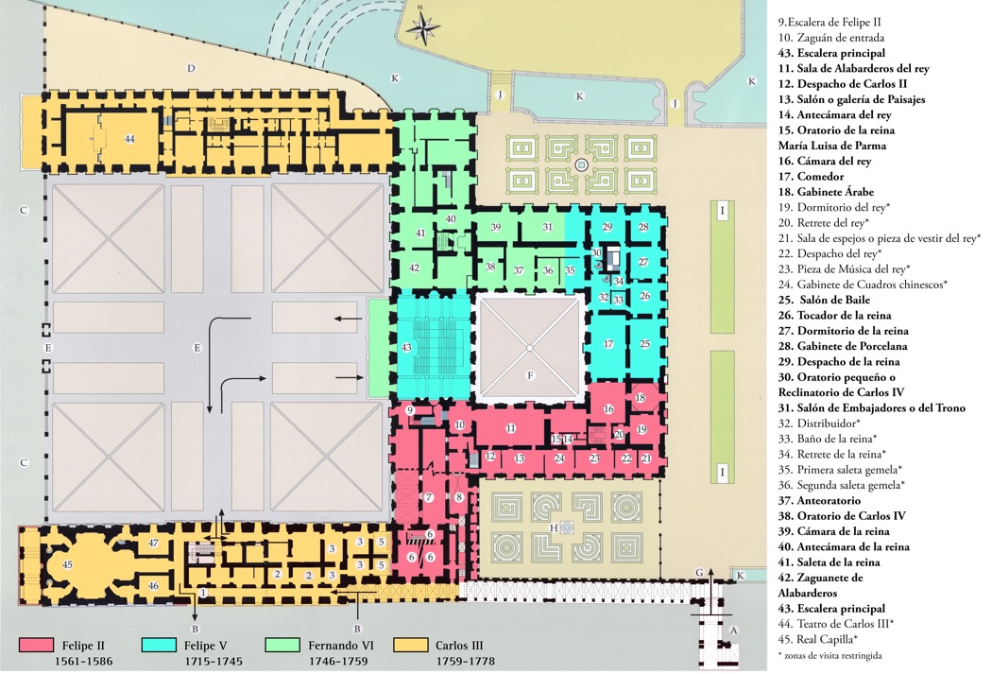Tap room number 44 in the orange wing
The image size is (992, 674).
(129, 139)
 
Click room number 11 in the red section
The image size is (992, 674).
(511, 428)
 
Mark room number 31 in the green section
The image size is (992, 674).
(547, 227)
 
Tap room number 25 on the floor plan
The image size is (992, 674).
(645, 344)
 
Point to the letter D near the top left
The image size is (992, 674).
(191, 68)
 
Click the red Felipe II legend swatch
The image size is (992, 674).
(42, 646)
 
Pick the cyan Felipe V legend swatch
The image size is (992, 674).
(163, 646)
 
